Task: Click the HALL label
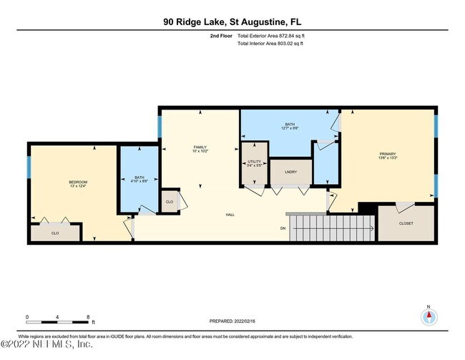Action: click(x=230, y=214)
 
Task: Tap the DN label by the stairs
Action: click(x=283, y=229)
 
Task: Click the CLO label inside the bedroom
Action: click(x=55, y=233)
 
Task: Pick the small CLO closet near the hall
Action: click(x=170, y=202)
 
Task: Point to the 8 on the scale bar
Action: click(x=87, y=316)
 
